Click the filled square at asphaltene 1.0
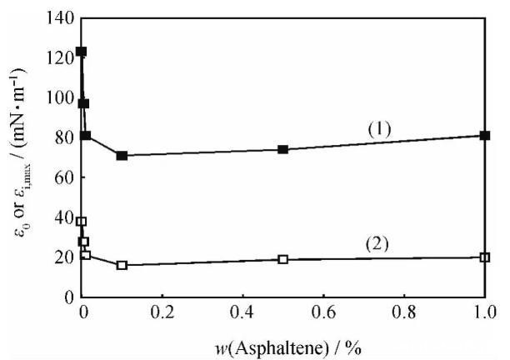point(485,135)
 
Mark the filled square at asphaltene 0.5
point(283,149)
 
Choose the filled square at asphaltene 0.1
point(122,155)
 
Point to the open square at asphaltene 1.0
point(485,257)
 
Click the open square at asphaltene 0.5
point(283,259)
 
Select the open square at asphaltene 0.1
point(122,265)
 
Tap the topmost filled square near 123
point(81,52)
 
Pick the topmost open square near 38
point(81,222)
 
